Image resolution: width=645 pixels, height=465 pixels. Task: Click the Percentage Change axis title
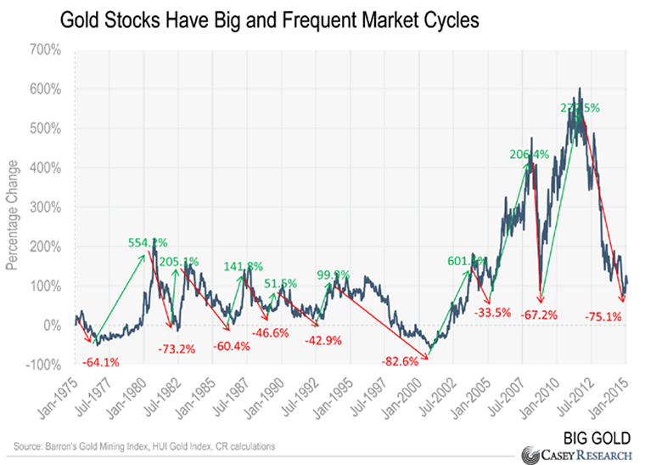coord(14,207)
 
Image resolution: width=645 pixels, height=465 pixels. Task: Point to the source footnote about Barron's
coord(144,446)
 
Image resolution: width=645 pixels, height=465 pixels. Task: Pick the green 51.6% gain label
coord(280,283)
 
